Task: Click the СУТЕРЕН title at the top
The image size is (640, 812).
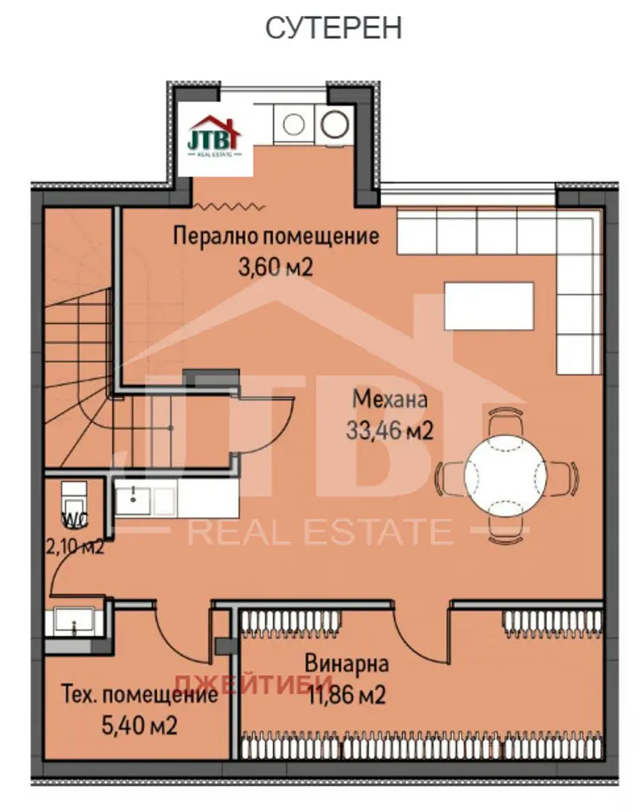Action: coord(333,28)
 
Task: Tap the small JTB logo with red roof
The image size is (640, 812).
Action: coord(214,137)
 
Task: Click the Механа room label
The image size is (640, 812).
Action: coord(390,400)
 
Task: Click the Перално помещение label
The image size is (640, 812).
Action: coord(276,236)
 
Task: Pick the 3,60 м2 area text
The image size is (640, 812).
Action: coord(275,267)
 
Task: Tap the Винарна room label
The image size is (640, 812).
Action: coord(347,664)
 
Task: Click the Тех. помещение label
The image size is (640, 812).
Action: coord(140,694)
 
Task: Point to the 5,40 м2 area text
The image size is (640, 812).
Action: coord(140,725)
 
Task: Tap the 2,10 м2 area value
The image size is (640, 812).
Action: coord(75,546)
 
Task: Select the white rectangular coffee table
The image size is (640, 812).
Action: coord(489,305)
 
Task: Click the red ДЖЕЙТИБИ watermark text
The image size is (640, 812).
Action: coord(253,681)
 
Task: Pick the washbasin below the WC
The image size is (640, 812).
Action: coord(74,621)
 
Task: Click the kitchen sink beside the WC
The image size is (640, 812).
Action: coord(133,500)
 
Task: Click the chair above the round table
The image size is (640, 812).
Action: coord(506,418)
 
